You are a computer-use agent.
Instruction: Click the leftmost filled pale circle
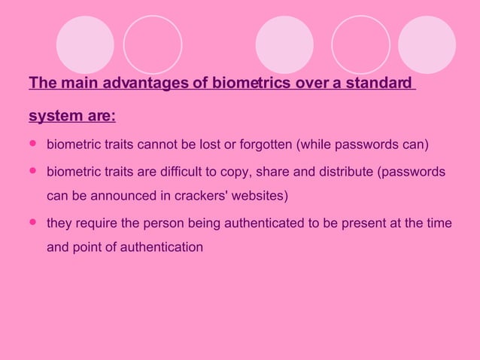[x=85, y=44]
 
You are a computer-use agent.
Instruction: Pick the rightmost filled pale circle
[x=427, y=44]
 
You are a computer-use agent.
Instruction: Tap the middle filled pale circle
[x=284, y=44]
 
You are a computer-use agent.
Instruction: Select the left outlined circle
[x=153, y=44]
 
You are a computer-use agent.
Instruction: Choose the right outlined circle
[x=360, y=44]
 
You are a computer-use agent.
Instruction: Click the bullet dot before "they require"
[x=32, y=223]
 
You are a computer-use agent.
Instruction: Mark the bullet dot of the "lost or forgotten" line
[x=32, y=143]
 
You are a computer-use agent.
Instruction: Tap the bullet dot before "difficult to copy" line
[x=32, y=172]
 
